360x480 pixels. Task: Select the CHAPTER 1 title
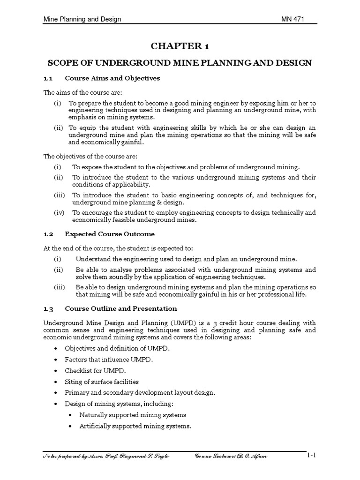180,46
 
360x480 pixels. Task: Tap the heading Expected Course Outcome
110,234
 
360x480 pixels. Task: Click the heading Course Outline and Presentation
121,308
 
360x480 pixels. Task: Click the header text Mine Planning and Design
82,19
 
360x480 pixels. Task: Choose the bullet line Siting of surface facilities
102,382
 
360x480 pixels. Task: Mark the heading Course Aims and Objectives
112,78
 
